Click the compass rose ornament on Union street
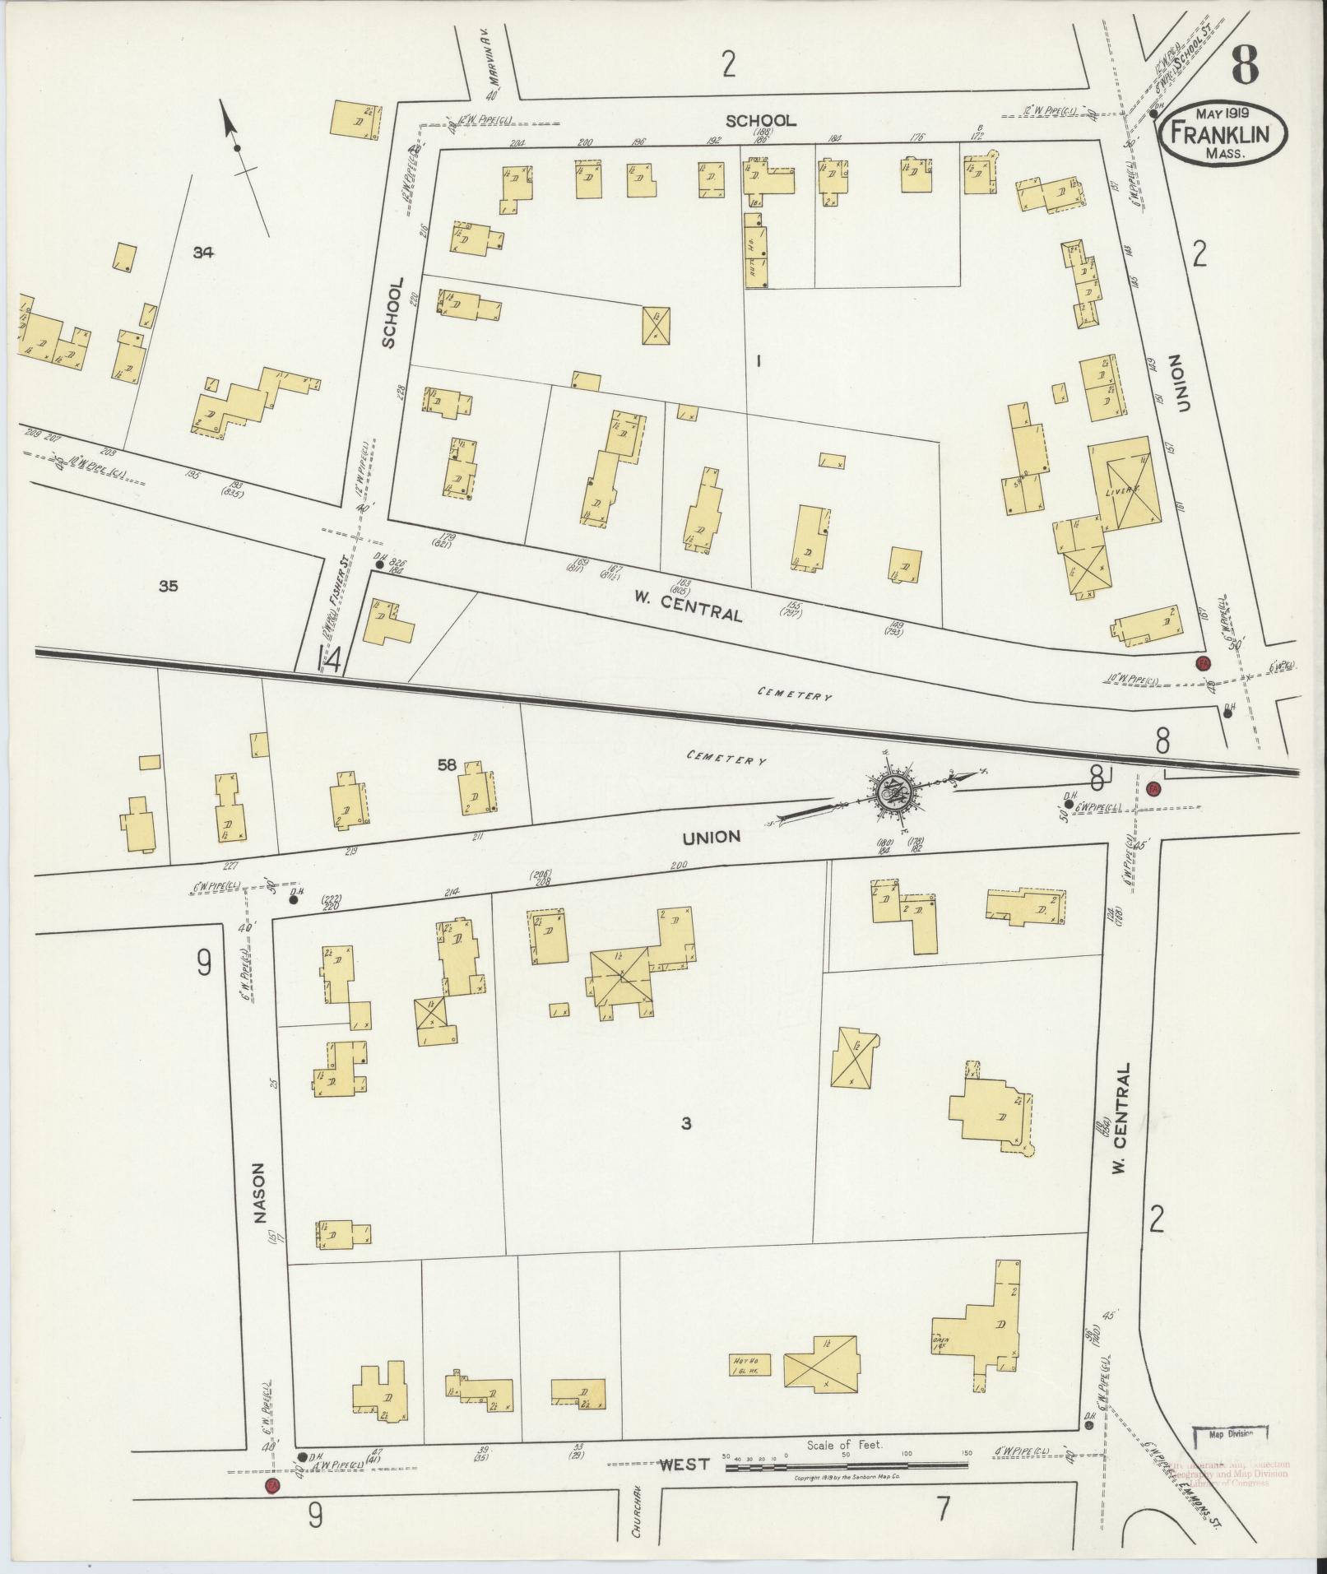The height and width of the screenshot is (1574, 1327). (892, 792)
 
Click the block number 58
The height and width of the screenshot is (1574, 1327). (447, 765)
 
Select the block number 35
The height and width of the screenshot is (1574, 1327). (168, 587)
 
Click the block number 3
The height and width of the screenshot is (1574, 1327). (685, 1123)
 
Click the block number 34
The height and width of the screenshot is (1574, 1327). (202, 253)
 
